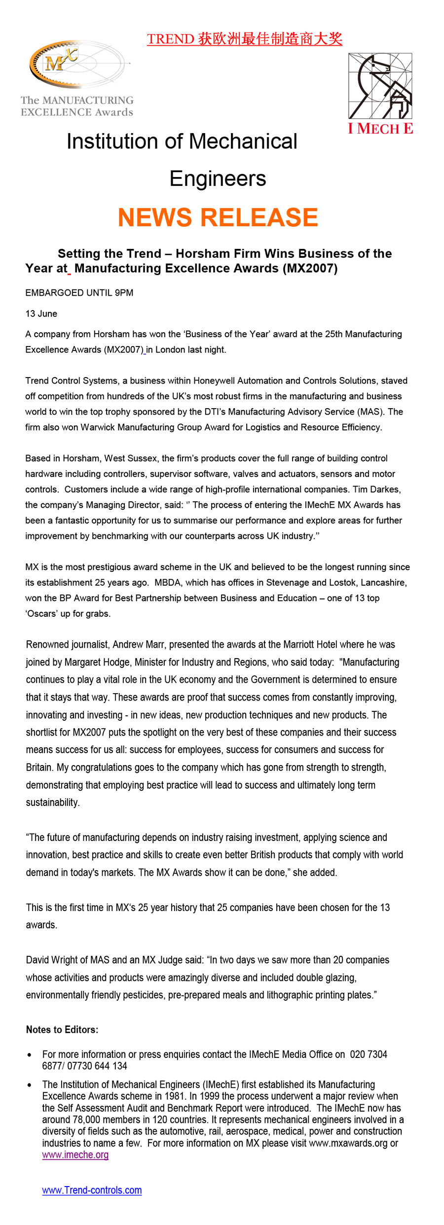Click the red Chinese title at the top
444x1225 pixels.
tap(244, 39)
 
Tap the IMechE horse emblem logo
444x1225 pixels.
tap(380, 86)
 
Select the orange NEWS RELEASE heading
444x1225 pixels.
tap(218, 217)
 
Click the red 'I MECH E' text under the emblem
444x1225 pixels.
tap(380, 129)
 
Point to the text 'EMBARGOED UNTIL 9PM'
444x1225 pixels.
tap(79, 293)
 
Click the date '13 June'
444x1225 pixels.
tap(41, 314)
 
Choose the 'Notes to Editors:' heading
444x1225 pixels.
tap(62, 1029)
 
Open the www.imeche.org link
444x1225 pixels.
tap(75, 1155)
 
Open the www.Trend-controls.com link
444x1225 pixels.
tap(92, 1190)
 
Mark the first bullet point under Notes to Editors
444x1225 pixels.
tap(30, 1055)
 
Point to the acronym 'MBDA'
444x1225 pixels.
tap(168, 582)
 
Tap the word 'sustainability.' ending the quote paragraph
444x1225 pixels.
tap(53, 802)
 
